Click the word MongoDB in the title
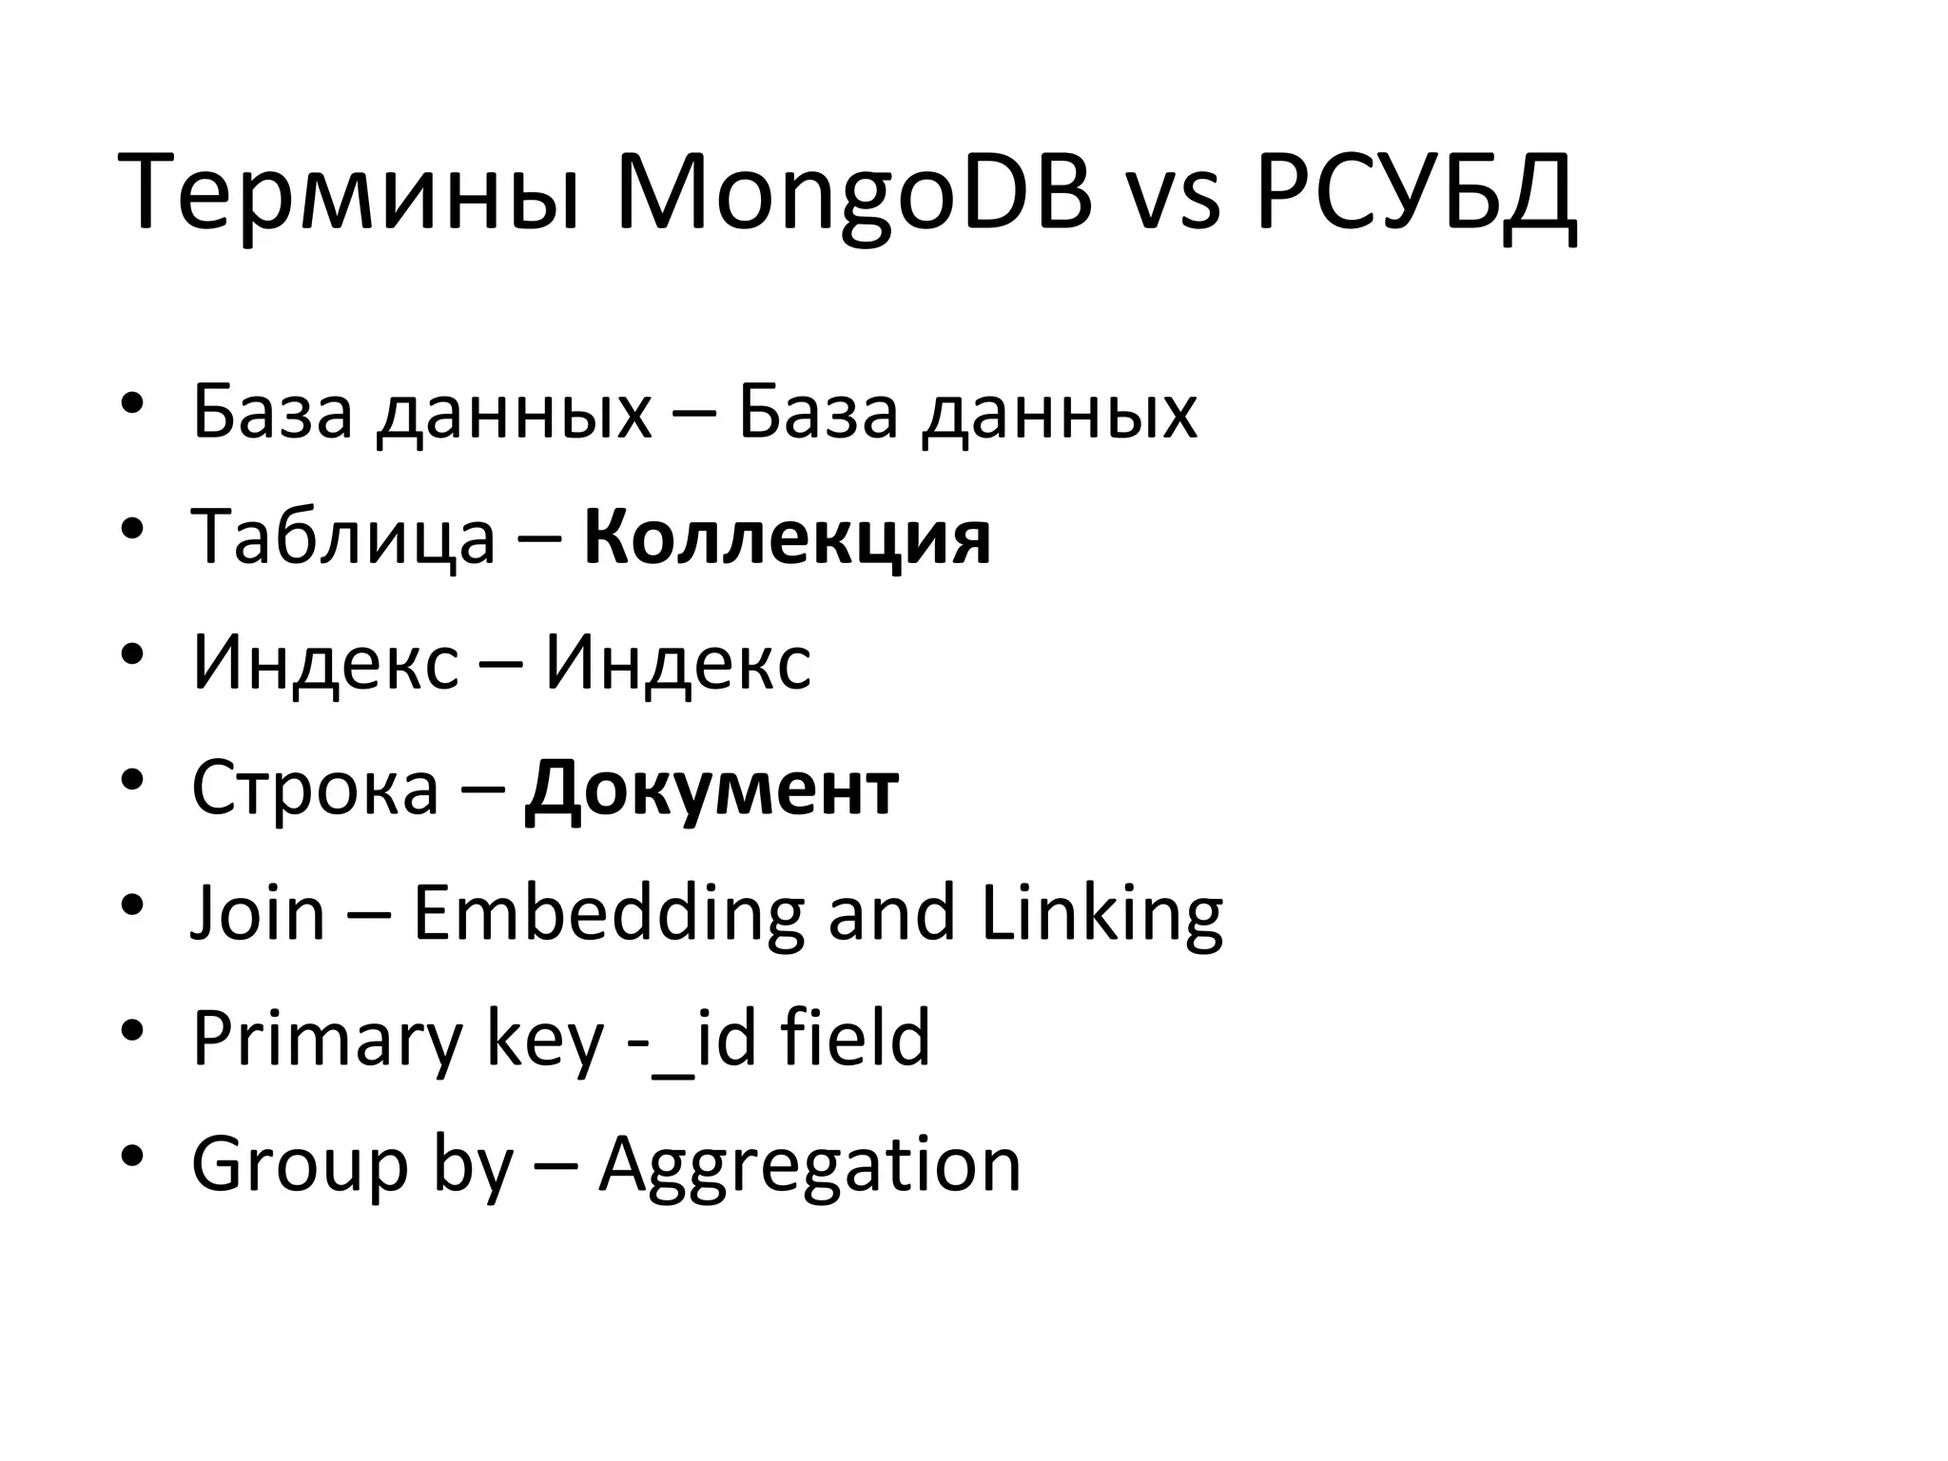pos(853,195)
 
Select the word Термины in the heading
pos(348,195)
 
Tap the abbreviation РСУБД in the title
pos(1415,195)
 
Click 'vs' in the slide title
pos(1173,202)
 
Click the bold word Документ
pos(711,789)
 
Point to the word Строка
pos(315,789)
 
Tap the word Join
pos(258,913)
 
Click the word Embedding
pos(608,913)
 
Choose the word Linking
pos(1101,913)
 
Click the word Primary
pos(326,1039)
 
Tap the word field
pos(855,1039)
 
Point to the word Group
pos(299,1164)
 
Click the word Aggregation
pos(809,1164)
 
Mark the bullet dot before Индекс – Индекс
pos(132,654)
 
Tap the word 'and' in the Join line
pos(891,913)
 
